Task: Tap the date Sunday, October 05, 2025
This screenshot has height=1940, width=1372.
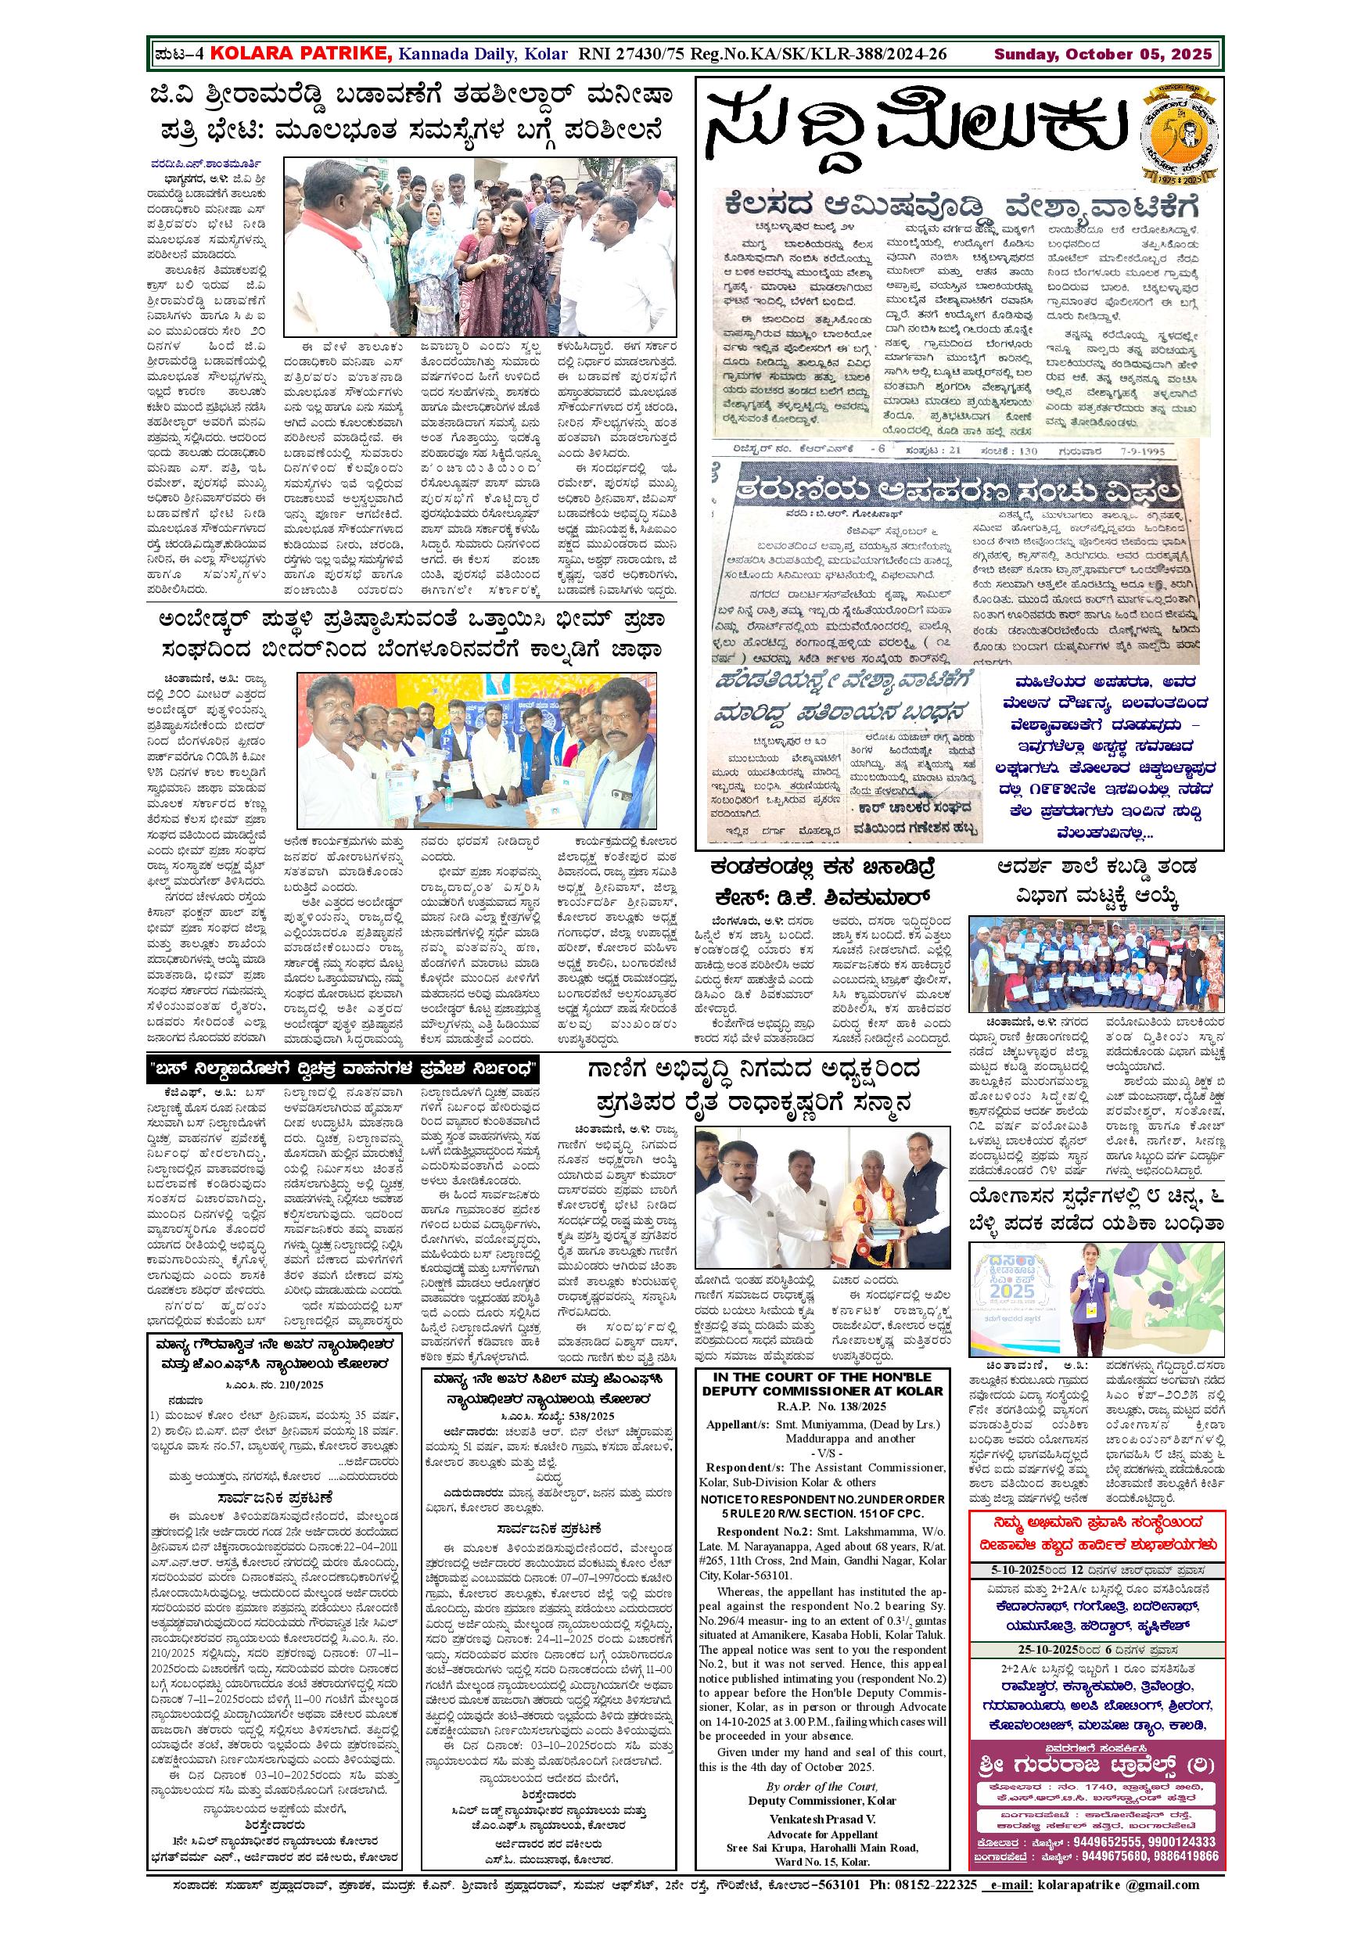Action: (x=1102, y=55)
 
